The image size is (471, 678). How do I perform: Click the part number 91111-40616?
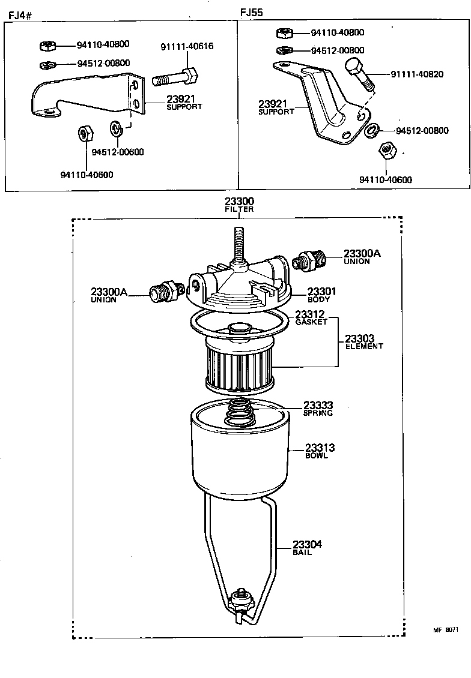[186, 47]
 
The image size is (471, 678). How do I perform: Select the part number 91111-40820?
[417, 74]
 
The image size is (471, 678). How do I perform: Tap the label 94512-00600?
[117, 152]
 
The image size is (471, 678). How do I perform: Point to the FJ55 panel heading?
[251, 12]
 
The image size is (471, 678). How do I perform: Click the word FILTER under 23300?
[239, 210]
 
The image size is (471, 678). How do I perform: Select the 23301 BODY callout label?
[321, 295]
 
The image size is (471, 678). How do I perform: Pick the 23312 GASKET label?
[311, 318]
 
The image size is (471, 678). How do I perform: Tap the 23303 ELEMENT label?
[364, 342]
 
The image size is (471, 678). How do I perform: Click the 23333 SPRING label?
[318, 409]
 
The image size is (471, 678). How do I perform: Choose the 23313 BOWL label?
[320, 451]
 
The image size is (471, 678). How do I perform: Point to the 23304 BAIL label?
[307, 547]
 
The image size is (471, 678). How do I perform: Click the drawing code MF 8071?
[446, 630]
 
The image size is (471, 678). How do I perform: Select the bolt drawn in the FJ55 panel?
[359, 74]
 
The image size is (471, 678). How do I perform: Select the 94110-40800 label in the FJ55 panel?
[337, 33]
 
